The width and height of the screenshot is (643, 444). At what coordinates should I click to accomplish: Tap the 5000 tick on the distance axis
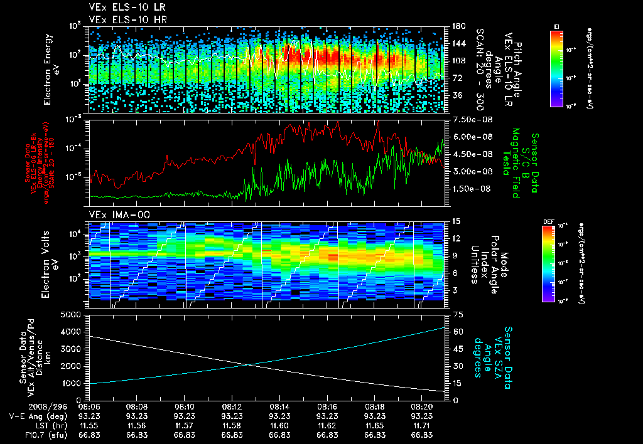74,314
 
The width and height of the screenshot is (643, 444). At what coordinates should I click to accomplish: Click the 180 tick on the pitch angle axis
457,26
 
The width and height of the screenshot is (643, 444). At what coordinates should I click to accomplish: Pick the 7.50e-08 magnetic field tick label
470,119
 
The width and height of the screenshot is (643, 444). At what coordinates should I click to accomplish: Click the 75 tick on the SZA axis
459,315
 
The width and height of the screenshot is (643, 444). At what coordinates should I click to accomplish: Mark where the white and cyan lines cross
249,365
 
